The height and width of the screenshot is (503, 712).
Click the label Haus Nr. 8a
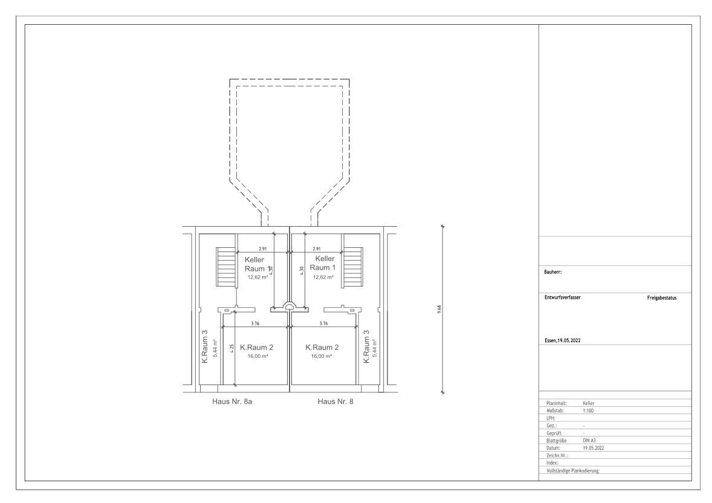232,401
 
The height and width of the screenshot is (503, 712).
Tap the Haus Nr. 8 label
335,401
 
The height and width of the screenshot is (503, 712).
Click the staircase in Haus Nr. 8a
226,267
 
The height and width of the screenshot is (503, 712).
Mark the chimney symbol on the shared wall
290,307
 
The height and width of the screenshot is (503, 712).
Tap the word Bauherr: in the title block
553,272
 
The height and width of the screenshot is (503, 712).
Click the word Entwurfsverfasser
562,297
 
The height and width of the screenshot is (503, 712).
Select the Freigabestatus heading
662,297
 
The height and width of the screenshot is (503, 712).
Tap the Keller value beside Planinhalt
589,403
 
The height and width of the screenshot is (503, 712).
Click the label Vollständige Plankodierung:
572,470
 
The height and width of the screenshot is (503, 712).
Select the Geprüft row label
555,433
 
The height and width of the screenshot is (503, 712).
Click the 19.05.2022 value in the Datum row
594,448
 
